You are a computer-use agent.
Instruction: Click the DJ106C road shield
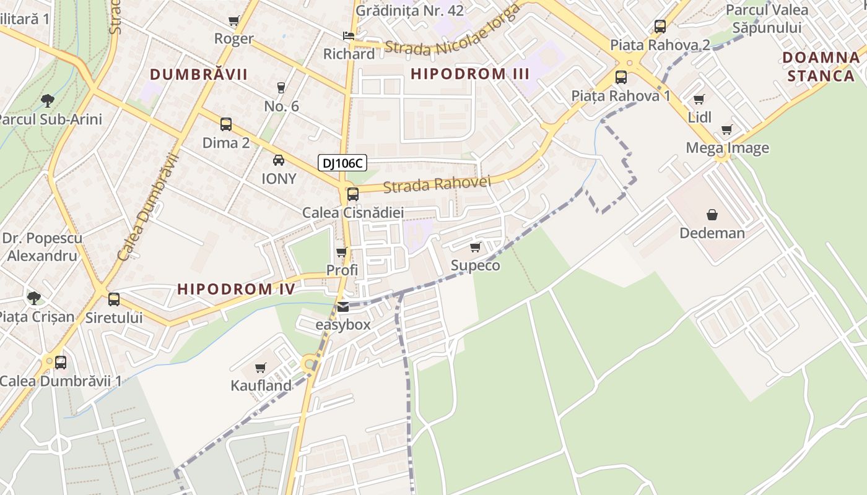pyautogui.click(x=342, y=163)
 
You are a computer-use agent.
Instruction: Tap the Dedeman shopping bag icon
pyautogui.click(x=712, y=215)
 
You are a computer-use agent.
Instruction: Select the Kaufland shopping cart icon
pyautogui.click(x=261, y=368)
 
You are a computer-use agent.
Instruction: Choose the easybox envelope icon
pyautogui.click(x=343, y=306)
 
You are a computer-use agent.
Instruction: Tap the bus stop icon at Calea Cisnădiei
pyautogui.click(x=352, y=194)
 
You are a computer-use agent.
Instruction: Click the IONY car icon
pyautogui.click(x=279, y=160)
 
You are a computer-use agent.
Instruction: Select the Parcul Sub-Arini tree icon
pyautogui.click(x=47, y=100)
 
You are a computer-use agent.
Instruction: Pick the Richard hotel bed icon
pyautogui.click(x=349, y=35)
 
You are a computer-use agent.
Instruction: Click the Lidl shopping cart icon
pyautogui.click(x=699, y=99)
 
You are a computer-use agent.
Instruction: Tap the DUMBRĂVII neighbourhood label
pyautogui.click(x=199, y=75)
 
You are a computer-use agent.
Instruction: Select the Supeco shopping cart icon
pyautogui.click(x=475, y=247)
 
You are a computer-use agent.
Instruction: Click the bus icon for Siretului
pyautogui.click(x=114, y=299)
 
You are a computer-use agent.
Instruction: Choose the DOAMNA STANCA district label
pyautogui.click(x=821, y=67)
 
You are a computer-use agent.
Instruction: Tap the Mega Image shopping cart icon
pyautogui.click(x=726, y=130)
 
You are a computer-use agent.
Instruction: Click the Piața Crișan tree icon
pyautogui.click(x=34, y=298)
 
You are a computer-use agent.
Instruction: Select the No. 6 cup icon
pyautogui.click(x=281, y=87)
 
